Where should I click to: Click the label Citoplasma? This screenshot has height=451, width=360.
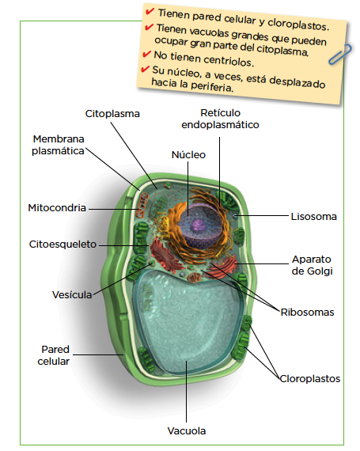pos(112,114)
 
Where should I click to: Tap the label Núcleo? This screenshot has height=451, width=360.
pos(188,155)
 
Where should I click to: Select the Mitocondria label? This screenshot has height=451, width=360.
pos(57,207)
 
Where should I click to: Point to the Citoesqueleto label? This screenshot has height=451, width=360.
pos(63,244)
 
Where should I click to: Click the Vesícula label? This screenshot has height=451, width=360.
pos(72,295)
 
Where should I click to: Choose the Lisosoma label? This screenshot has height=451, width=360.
pos(313,217)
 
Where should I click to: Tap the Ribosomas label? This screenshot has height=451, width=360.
pos(307,313)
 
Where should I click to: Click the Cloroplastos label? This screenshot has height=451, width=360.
pos(310,379)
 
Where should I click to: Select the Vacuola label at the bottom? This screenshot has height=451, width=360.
pos(187,431)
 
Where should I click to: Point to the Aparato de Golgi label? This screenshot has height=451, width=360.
pos(312,265)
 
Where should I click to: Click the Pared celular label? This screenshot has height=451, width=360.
pos(54,355)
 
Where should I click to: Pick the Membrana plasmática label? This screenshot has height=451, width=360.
pos(58,145)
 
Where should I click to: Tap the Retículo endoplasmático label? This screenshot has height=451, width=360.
pos(220,119)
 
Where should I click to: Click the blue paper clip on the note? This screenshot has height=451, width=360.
pos(340,55)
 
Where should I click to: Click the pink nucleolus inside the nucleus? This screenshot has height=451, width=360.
pos(199,224)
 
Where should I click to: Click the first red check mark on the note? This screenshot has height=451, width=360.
pos(150,11)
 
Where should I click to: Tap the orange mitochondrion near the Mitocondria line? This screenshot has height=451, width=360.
pos(142,204)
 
